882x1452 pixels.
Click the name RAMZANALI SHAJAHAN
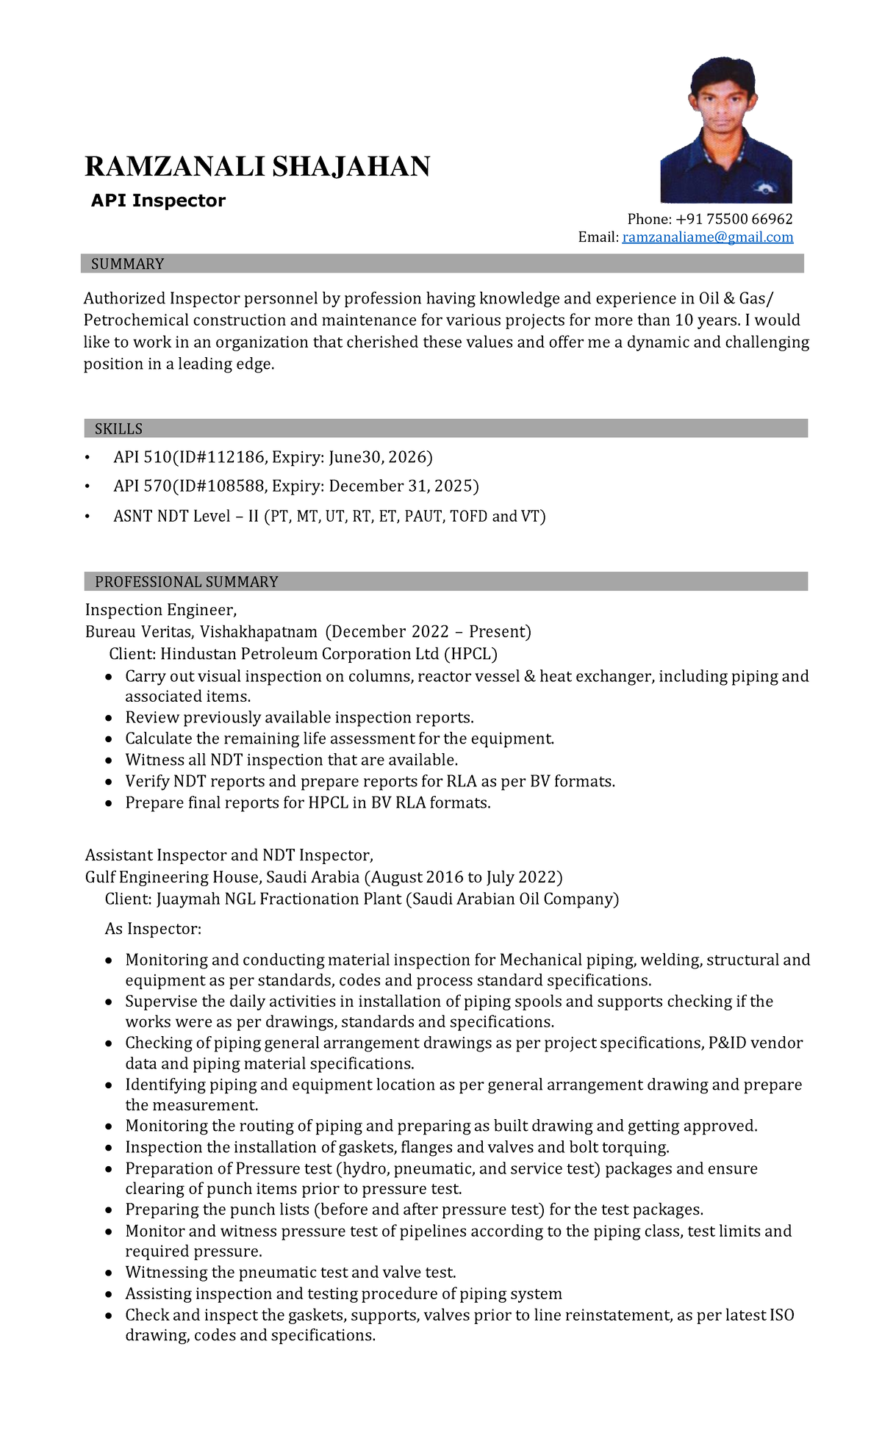(257, 167)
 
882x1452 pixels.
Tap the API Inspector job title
(158, 201)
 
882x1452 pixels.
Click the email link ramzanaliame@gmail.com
(708, 237)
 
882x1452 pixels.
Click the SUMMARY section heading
(127, 264)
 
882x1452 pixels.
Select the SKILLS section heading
(118, 429)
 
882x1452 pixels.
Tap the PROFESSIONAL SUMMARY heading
(186, 582)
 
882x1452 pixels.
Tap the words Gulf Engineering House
(173, 877)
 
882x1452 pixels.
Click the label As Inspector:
(153, 929)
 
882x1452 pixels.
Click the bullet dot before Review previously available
(109, 719)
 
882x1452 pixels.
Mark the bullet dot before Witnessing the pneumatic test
(109, 1273)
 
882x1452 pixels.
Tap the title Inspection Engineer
(160, 610)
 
